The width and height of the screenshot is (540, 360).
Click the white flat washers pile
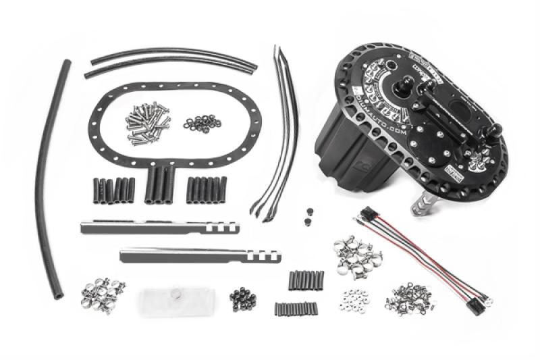pos(352,298)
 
